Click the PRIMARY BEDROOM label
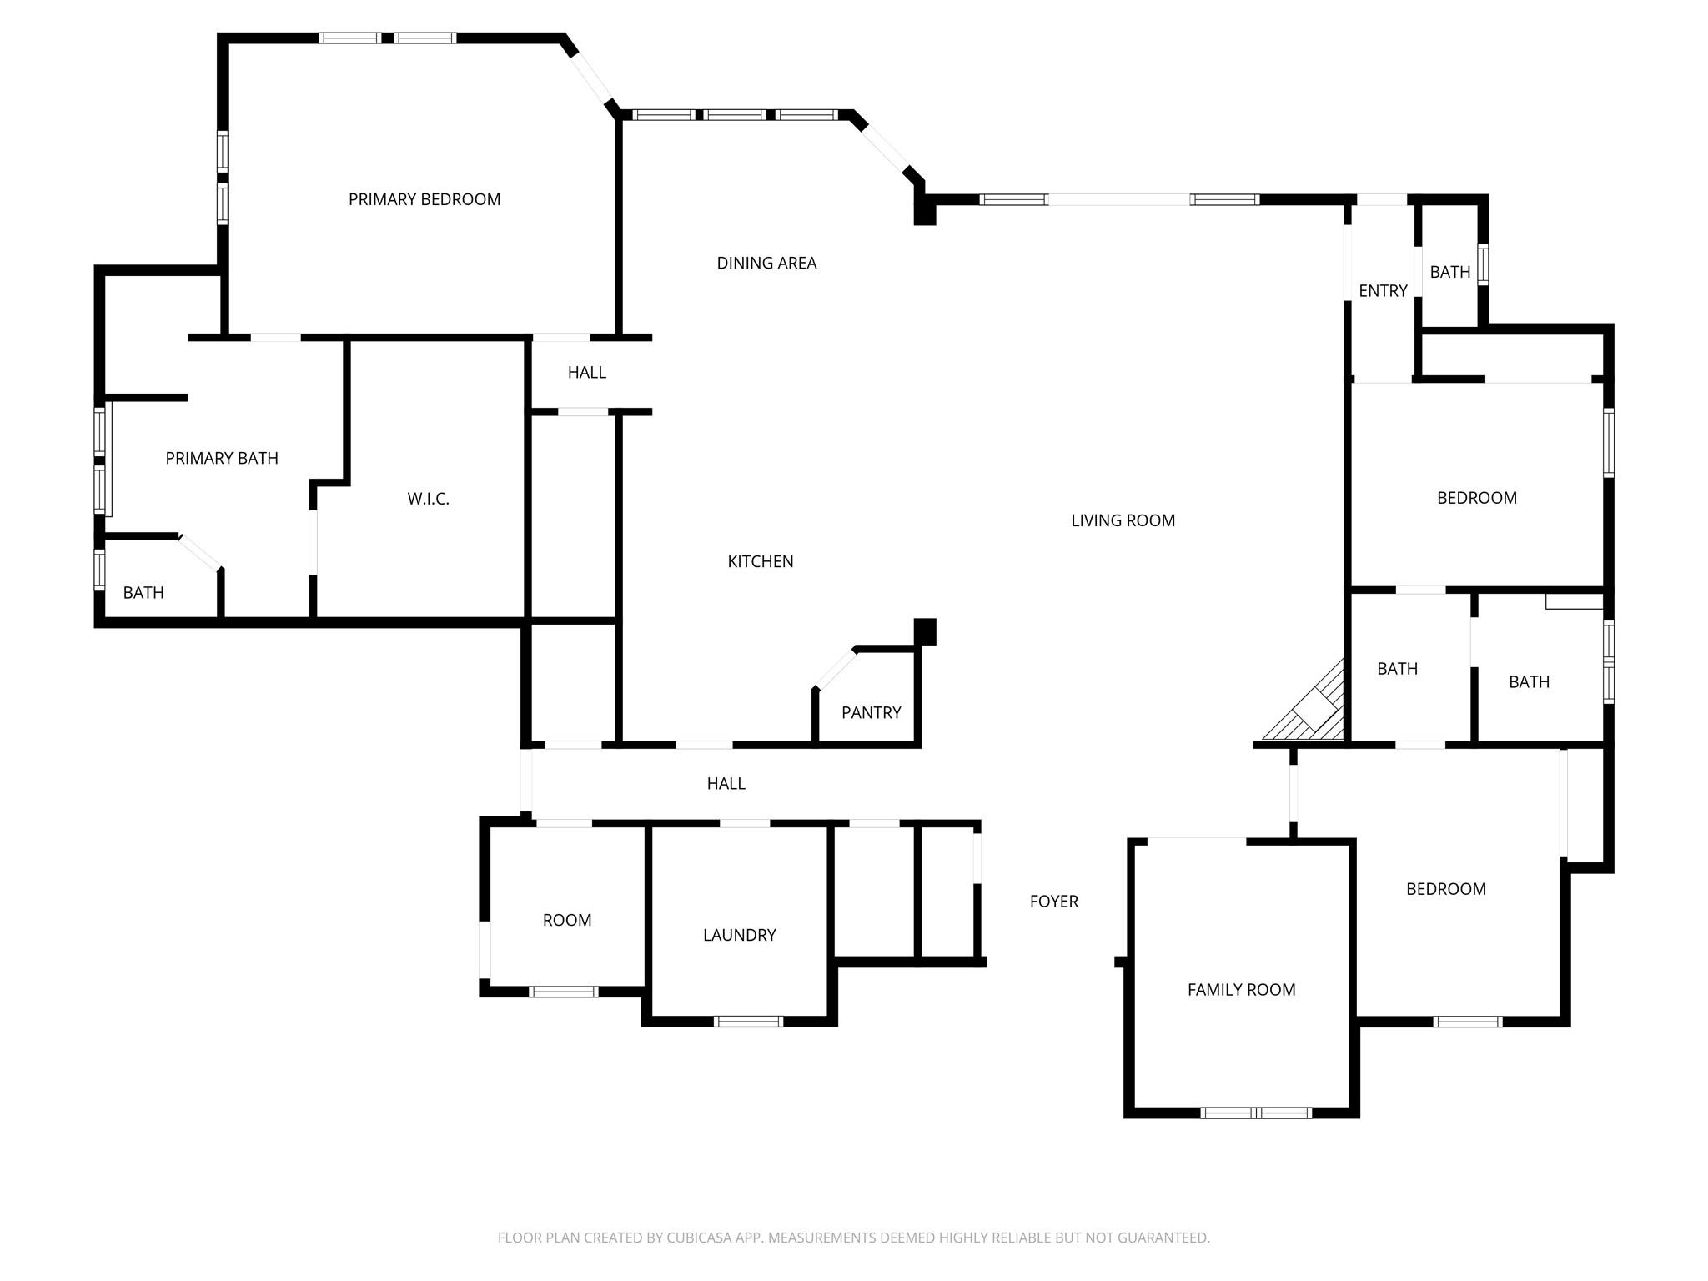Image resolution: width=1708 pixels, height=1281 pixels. click(424, 199)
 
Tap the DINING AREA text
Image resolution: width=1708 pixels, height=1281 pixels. click(766, 263)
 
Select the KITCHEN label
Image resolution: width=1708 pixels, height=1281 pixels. click(760, 561)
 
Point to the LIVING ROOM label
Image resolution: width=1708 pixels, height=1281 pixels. click(1123, 520)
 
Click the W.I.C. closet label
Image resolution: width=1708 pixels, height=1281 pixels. click(428, 499)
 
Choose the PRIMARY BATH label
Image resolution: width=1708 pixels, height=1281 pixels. click(222, 458)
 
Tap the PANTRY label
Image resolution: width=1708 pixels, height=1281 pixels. click(871, 712)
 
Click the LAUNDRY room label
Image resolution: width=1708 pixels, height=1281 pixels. click(739, 935)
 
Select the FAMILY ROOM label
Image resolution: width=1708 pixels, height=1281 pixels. click(1241, 989)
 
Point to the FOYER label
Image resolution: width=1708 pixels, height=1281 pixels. click(1053, 901)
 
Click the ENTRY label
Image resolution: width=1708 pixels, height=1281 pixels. click(1383, 290)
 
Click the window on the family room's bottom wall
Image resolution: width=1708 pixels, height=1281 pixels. click(1256, 1113)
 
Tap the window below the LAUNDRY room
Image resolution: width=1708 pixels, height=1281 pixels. click(748, 1021)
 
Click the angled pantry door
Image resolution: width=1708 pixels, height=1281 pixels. click(835, 668)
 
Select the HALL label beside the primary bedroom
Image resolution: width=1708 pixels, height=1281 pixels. click(586, 372)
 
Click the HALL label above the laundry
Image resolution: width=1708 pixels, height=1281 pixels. click(726, 783)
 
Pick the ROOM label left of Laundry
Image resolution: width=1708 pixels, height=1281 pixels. click(567, 920)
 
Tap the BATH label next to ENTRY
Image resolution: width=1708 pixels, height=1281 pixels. click(1449, 272)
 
